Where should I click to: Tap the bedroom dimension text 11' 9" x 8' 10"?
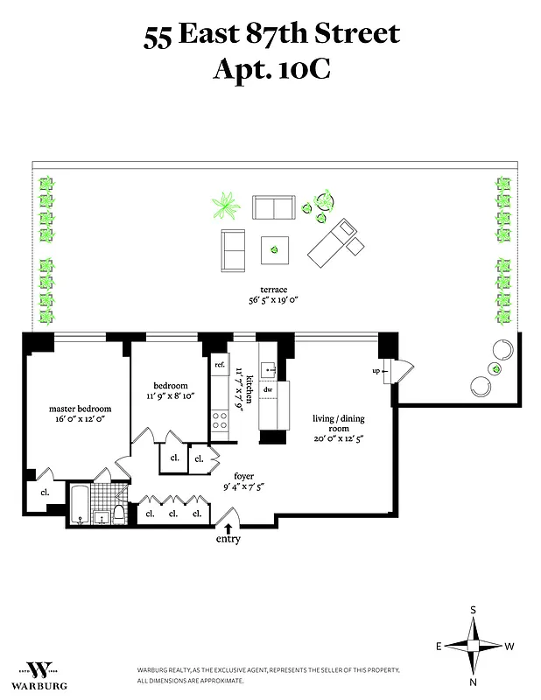(x=174, y=396)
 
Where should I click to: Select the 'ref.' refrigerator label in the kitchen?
(x=221, y=365)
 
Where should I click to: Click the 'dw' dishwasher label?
(x=270, y=389)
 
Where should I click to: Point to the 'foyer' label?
(x=243, y=476)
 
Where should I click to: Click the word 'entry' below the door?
(x=228, y=539)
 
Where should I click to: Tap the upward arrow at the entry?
(x=228, y=528)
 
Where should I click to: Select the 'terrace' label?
(x=273, y=289)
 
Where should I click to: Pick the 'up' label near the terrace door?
(x=377, y=370)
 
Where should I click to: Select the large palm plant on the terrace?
(x=226, y=206)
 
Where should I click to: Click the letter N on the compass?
(x=473, y=681)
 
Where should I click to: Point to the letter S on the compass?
(x=473, y=610)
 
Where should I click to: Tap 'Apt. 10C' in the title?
(x=271, y=68)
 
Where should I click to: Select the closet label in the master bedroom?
(x=44, y=492)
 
